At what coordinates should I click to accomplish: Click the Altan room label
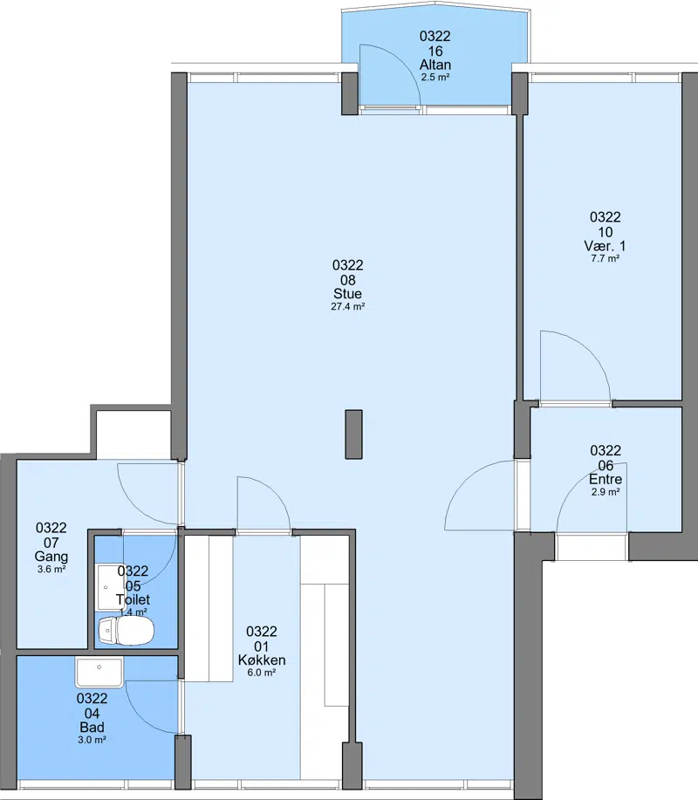pyautogui.click(x=435, y=65)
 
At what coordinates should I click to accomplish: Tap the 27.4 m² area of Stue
pyautogui.click(x=347, y=306)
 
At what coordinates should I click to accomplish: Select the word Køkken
pyautogui.click(x=262, y=660)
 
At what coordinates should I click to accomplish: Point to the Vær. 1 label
pyautogui.click(x=606, y=245)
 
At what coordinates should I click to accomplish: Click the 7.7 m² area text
pyautogui.click(x=606, y=258)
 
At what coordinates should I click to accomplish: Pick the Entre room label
pyautogui.click(x=606, y=479)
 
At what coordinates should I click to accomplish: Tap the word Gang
pyautogui.click(x=51, y=557)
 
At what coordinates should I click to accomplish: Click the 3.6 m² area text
pyautogui.click(x=51, y=570)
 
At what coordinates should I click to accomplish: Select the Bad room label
pyautogui.click(x=92, y=727)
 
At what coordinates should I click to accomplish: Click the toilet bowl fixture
pyautogui.click(x=126, y=631)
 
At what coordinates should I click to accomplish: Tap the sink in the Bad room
pyautogui.click(x=99, y=672)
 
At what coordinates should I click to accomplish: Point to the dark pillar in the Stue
pyautogui.click(x=353, y=434)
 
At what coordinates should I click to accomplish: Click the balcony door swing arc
pyautogui.click(x=403, y=62)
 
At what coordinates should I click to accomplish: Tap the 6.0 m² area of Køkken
pyautogui.click(x=262, y=673)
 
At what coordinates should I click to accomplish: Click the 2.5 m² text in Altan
pyautogui.click(x=435, y=78)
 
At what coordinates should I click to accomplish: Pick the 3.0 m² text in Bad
pyautogui.click(x=92, y=740)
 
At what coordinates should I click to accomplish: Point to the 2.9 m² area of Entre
pyautogui.click(x=606, y=492)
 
